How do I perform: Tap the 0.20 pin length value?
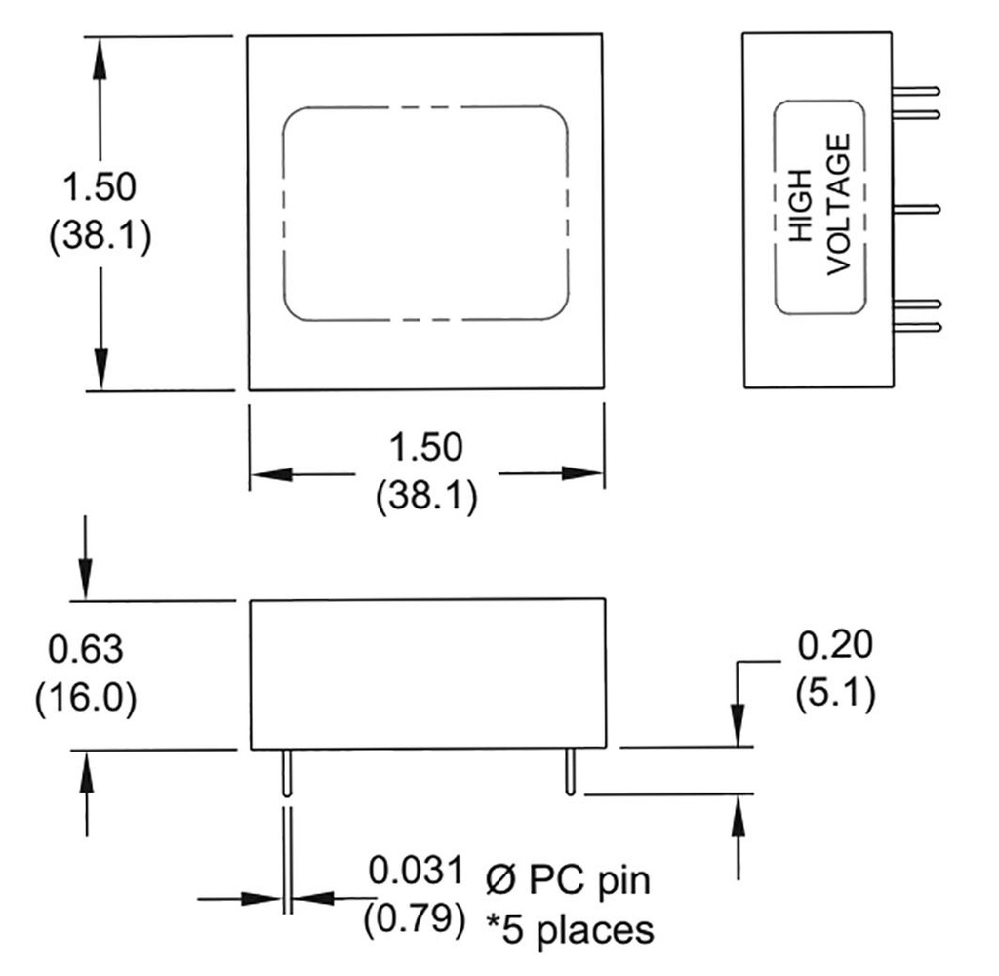[835, 645]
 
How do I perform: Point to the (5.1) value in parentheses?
[835, 695]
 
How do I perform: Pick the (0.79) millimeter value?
[414, 920]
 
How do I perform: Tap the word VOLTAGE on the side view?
[839, 205]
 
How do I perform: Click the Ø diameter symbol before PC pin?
[498, 880]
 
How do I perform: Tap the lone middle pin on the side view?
[916, 208]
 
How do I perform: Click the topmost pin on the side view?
[916, 91]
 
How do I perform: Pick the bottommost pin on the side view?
[916, 327]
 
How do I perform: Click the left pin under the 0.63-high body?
[285, 771]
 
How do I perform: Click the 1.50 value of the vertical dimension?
[98, 186]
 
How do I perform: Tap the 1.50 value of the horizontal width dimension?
[426, 448]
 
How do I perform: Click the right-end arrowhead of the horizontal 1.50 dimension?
[588, 475]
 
